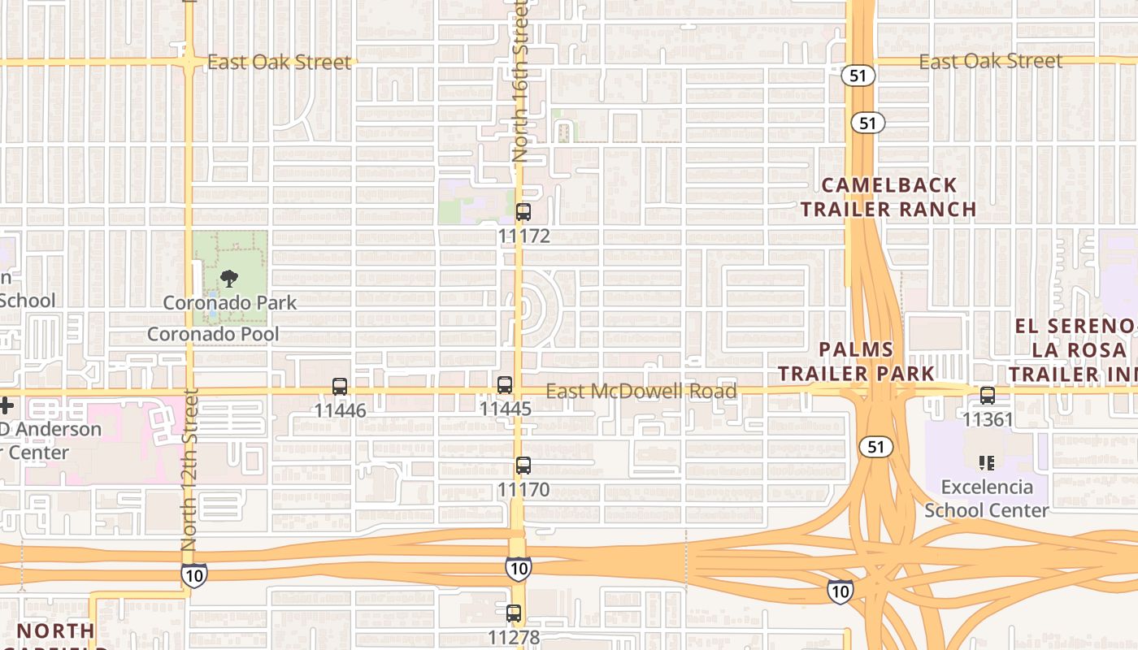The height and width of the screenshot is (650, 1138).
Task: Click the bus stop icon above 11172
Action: (523, 212)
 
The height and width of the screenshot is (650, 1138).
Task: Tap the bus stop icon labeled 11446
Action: (340, 387)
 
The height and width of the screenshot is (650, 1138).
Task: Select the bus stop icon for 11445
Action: (505, 385)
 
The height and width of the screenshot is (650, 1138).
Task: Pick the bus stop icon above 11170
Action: (523, 466)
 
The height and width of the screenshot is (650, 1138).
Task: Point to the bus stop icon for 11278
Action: (514, 613)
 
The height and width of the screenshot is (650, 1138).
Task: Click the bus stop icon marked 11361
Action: (988, 396)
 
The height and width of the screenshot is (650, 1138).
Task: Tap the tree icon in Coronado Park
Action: (229, 279)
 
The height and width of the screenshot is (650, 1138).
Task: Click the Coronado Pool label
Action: (213, 334)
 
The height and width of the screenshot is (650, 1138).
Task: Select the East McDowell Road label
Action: (641, 392)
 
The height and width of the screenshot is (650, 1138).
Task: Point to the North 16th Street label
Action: (521, 81)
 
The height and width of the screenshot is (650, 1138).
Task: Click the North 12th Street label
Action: (189, 470)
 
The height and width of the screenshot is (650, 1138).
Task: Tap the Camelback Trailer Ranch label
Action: (888, 197)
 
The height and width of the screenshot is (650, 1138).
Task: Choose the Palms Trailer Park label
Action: (856, 362)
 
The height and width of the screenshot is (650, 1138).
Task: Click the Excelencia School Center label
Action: (987, 499)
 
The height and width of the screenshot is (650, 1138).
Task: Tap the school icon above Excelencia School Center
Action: (987, 463)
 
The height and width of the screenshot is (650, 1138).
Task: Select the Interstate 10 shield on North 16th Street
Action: (518, 568)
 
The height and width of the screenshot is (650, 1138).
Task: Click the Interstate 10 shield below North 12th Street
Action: (193, 574)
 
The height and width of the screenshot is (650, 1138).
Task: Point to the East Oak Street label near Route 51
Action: (991, 62)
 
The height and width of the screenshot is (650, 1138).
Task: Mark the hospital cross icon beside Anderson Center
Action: (7, 405)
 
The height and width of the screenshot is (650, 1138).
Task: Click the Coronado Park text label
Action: (230, 303)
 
